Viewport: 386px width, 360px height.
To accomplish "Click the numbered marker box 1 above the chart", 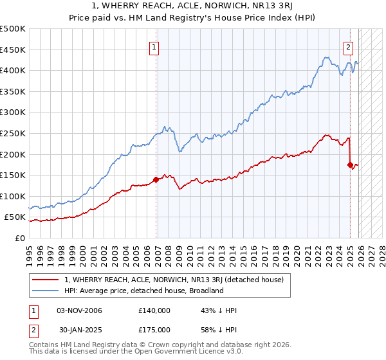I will [x=155, y=46].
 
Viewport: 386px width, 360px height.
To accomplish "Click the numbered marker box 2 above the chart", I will [x=348, y=46].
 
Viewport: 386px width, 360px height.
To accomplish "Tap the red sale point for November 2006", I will [x=156, y=180].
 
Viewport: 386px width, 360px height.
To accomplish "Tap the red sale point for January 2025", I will [x=350, y=165].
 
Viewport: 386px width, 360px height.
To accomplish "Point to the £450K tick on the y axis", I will [x=14, y=50].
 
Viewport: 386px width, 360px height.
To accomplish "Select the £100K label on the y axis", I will [x=14, y=196].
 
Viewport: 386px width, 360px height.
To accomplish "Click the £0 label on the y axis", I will [x=20, y=238].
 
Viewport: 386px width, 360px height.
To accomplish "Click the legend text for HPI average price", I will [x=143, y=291].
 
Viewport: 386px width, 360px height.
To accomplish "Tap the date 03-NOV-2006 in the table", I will [x=80, y=310].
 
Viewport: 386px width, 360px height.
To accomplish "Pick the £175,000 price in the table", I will [x=154, y=330].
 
